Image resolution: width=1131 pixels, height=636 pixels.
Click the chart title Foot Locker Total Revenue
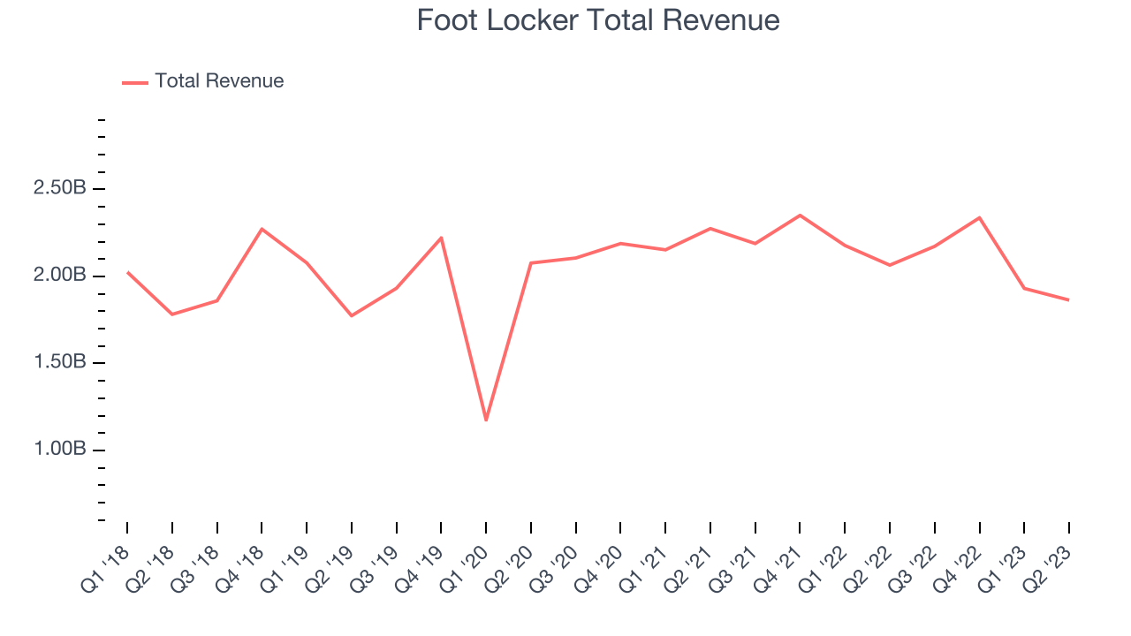(x=598, y=20)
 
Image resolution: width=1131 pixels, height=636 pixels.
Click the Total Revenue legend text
(x=219, y=81)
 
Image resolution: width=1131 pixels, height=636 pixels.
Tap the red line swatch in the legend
(x=135, y=82)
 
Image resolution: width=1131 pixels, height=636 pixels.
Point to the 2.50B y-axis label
(x=60, y=189)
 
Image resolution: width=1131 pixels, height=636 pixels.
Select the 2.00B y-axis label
(x=60, y=276)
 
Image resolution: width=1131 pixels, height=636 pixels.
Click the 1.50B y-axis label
(x=60, y=363)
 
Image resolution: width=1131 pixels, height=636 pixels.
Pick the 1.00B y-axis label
(x=60, y=450)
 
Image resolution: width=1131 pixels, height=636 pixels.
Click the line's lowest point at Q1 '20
(x=486, y=420)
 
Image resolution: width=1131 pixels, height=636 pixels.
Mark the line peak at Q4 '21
(x=800, y=215)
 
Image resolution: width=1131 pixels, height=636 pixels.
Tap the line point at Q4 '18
(x=262, y=229)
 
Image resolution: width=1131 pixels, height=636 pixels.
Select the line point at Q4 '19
(x=441, y=238)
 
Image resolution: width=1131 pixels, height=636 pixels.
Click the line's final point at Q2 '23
(x=1069, y=300)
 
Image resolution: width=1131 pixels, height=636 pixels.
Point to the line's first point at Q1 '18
(x=127, y=272)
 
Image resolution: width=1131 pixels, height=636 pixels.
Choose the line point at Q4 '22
(x=979, y=217)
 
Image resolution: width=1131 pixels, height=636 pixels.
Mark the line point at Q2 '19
(x=352, y=315)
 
